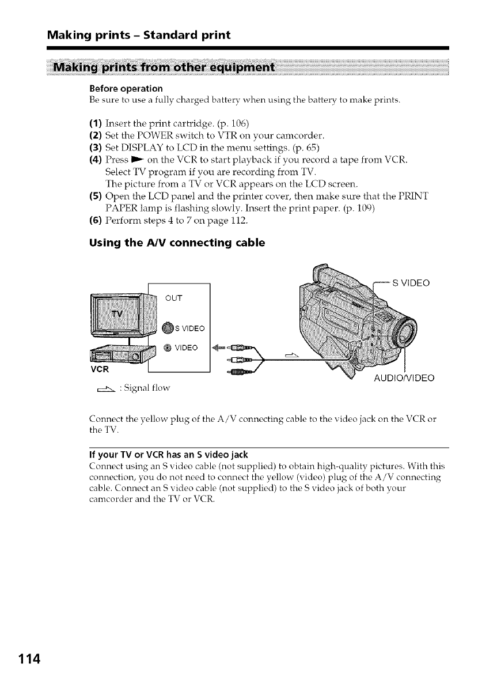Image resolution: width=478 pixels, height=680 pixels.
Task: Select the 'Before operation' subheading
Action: [x=126, y=89]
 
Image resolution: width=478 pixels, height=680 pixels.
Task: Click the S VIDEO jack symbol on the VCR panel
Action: [x=166, y=329]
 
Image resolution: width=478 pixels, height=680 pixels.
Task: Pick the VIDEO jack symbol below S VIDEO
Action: [x=166, y=347]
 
